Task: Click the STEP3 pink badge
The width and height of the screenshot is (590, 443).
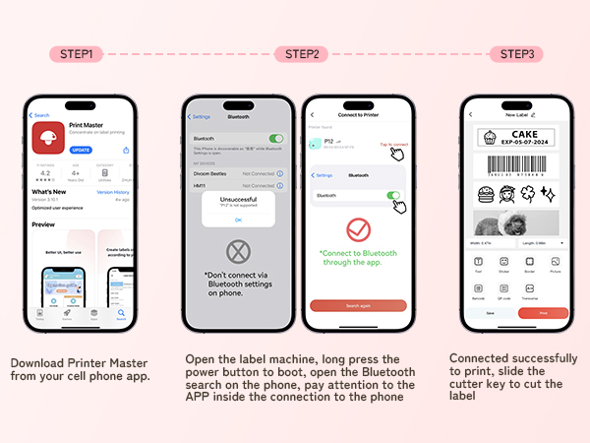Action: pos(516,54)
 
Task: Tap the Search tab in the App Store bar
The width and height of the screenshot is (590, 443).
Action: pos(121,318)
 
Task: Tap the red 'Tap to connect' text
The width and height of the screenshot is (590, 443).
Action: pos(393,145)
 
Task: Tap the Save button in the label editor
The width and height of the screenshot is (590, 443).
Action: pos(490,312)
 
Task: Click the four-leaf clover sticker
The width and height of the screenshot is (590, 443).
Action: pos(526,194)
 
